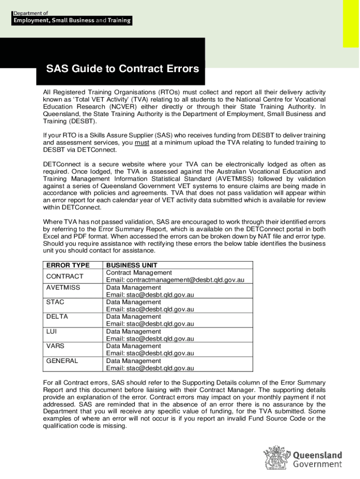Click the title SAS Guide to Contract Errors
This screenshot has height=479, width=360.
click(x=122, y=69)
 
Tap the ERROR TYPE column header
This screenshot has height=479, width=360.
click(x=68, y=265)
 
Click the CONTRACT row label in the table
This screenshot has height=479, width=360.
click(x=65, y=276)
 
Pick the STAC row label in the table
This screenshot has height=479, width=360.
click(x=55, y=302)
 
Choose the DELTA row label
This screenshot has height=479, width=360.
click(x=57, y=317)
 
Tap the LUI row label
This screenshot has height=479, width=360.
click(x=51, y=332)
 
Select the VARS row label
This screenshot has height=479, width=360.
click(x=55, y=346)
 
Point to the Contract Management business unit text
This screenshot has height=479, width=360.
click(x=139, y=273)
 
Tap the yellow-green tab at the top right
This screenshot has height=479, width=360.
click(x=351, y=23)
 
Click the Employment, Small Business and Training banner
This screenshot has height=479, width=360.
click(x=72, y=21)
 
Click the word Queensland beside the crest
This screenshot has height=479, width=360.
click(x=317, y=455)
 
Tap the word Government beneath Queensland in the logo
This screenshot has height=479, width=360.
click(x=317, y=464)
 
